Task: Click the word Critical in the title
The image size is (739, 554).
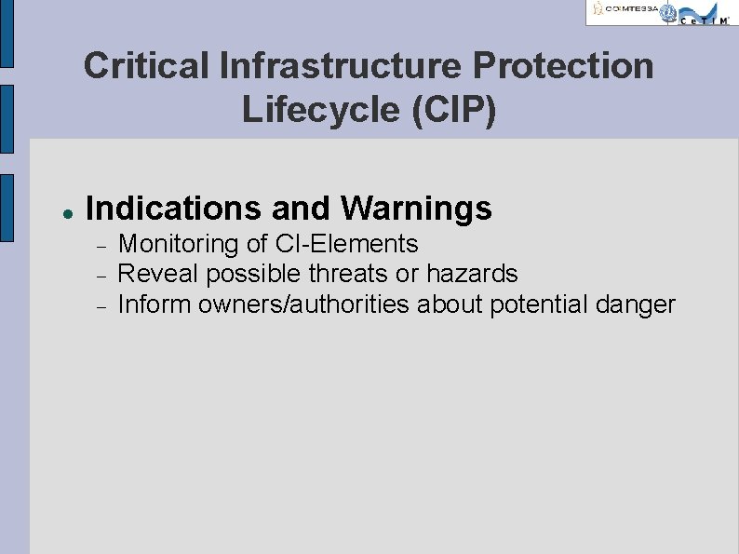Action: tap(146, 66)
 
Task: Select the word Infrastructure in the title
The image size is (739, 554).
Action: tap(341, 66)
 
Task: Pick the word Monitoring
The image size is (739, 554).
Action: tap(180, 244)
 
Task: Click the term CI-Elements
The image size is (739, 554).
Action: tap(347, 244)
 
